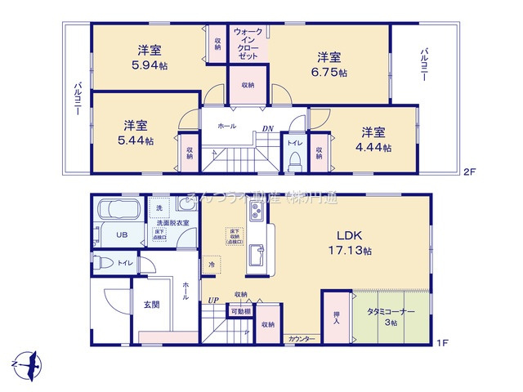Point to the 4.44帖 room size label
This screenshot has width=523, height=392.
click(x=375, y=148)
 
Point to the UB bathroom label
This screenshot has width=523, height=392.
click(x=121, y=235)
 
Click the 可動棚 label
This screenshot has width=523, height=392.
click(x=240, y=311)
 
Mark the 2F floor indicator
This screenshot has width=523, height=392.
click(x=469, y=172)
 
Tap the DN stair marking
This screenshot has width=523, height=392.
click(x=267, y=128)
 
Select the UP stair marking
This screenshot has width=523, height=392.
click(x=213, y=301)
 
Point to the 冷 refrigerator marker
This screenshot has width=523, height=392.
click(x=211, y=265)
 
